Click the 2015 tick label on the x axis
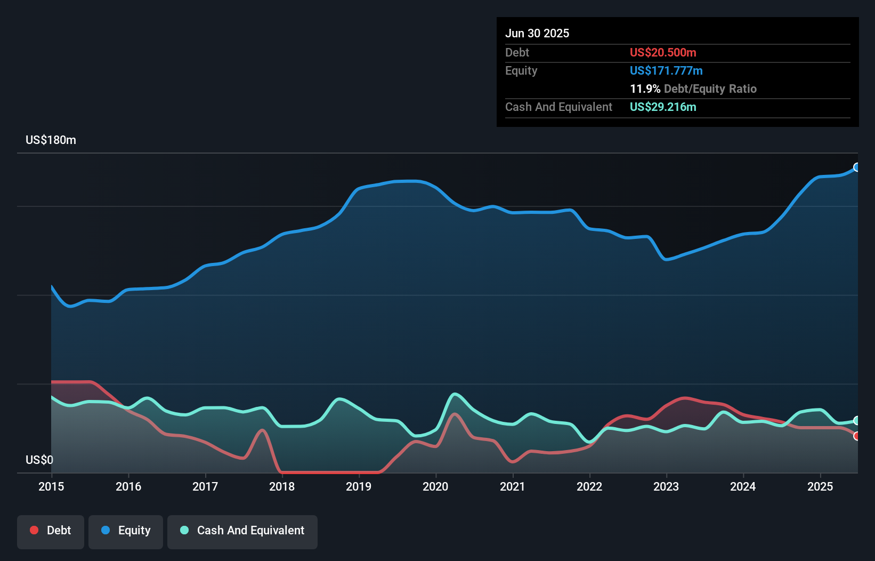51,486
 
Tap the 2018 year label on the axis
282,486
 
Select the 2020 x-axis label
435,486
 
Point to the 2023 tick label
666,486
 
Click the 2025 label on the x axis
820,486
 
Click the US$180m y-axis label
51,140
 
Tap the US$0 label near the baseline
39,460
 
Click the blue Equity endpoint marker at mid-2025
857,167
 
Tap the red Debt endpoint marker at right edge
857,436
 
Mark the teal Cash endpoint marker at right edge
857,420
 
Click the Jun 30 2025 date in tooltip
537,33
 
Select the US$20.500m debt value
663,52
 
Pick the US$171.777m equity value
666,70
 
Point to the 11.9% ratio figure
645,89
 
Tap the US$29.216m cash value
663,107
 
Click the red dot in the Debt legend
34,530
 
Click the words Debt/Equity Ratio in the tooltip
710,89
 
